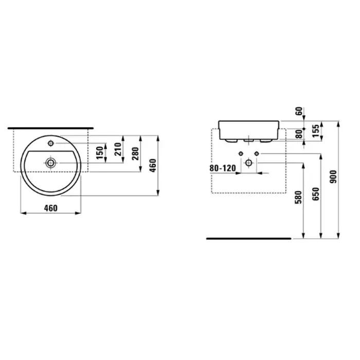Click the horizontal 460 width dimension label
(51, 208)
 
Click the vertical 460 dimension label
(153, 165)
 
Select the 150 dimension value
(100, 153)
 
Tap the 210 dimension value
(118, 149)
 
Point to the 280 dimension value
(135, 154)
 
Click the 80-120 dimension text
(223, 168)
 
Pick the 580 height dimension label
(298, 197)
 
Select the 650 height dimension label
(316, 194)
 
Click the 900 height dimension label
(333, 176)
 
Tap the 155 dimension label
(316, 131)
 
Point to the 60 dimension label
(299, 112)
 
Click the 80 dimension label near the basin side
(299, 134)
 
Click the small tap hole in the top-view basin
(51, 143)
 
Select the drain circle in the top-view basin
(51, 163)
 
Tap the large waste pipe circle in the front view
(248, 163)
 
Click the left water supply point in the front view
(241, 154)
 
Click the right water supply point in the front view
(257, 154)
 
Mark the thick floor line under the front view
(248, 239)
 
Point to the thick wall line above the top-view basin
(50, 128)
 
